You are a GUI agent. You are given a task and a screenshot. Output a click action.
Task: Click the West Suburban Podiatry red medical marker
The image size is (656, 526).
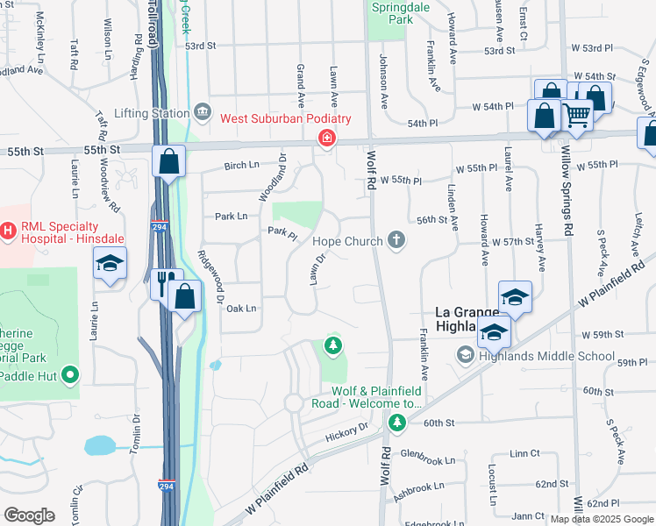[x=326, y=138]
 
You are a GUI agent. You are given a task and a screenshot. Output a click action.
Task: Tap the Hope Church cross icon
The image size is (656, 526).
[x=396, y=240]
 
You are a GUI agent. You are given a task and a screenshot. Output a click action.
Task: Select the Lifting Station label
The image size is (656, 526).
[x=151, y=113]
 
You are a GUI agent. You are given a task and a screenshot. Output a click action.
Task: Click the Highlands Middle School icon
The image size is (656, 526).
[x=465, y=354]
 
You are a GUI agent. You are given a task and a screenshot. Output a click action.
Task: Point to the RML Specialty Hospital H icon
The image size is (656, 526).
[x=8, y=231]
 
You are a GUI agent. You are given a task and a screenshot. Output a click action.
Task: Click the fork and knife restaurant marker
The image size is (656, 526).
[x=163, y=283]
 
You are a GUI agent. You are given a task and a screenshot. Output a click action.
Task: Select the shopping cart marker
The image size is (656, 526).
[x=576, y=114]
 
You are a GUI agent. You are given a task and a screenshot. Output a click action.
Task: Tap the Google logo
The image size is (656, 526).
[x=29, y=515]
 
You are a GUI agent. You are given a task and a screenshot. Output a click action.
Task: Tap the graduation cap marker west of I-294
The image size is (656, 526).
[x=111, y=263]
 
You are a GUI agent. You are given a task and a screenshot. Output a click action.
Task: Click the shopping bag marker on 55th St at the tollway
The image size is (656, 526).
[x=168, y=162]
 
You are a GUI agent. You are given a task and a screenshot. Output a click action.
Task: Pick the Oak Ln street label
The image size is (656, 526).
[x=240, y=308]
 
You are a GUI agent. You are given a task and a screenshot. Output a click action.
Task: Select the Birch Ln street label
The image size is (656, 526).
[x=242, y=165]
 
